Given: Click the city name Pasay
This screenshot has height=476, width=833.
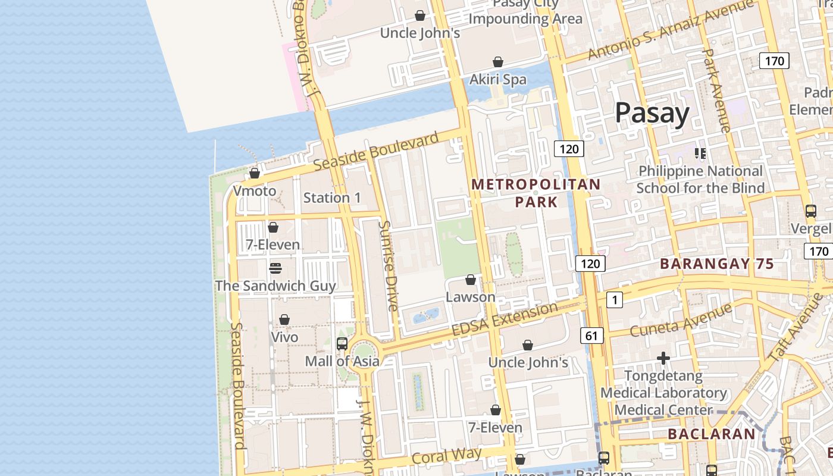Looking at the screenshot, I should pyautogui.click(x=652, y=112).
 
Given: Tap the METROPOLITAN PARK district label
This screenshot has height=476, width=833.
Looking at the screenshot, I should pyautogui.click(x=536, y=193).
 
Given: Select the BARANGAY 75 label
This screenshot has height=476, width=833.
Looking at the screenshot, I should pyautogui.click(x=716, y=264).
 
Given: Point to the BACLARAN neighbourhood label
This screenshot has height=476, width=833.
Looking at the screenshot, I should pyautogui.click(x=711, y=434).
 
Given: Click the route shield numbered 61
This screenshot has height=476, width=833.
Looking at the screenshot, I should pyautogui.click(x=591, y=336).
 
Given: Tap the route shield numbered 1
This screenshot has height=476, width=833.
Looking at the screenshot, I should pyautogui.click(x=614, y=300).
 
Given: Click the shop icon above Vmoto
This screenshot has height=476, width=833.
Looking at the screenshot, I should pyautogui.click(x=255, y=173).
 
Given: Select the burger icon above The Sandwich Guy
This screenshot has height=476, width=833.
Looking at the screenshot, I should pyautogui.click(x=275, y=268).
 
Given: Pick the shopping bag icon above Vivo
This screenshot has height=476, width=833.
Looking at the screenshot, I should pyautogui.click(x=284, y=320).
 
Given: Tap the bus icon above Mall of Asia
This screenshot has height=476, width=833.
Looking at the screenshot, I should pyautogui.click(x=342, y=343).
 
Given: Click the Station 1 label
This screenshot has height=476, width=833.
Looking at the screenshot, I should pyautogui.click(x=332, y=198).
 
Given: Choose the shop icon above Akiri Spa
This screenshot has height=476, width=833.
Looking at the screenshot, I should pyautogui.click(x=498, y=62).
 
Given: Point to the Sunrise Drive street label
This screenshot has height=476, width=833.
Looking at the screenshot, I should pyautogui.click(x=388, y=266).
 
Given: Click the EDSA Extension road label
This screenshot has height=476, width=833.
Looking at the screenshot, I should pyautogui.click(x=505, y=319).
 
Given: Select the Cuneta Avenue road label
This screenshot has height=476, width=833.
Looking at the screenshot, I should pyautogui.click(x=672, y=320).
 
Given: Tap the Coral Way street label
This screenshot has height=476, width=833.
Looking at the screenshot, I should pyautogui.click(x=446, y=456).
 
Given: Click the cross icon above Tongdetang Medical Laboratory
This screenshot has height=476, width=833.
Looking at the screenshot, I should pyautogui.click(x=663, y=358).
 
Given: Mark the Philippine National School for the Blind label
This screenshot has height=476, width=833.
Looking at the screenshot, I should pyautogui.click(x=700, y=180).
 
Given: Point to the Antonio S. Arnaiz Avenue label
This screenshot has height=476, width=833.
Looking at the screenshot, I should pyautogui.click(x=670, y=30).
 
